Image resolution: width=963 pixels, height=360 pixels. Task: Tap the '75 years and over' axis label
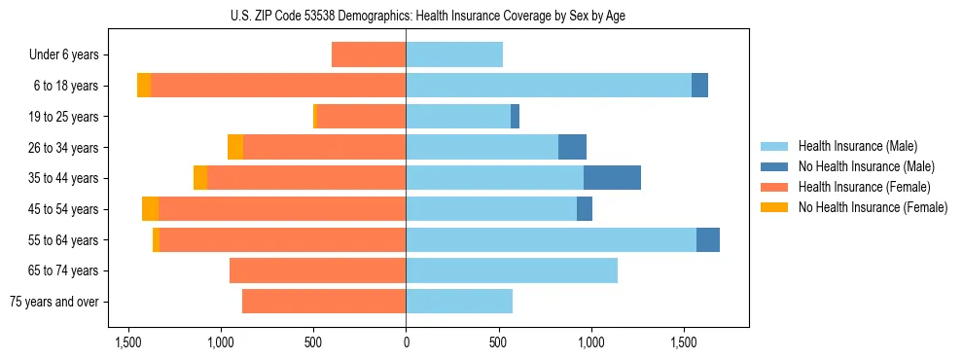(x=53, y=302)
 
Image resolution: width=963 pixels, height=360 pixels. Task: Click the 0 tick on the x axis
(x=406, y=342)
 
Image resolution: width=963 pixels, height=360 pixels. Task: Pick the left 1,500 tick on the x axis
(x=127, y=342)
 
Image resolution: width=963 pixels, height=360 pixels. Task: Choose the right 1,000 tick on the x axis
(x=590, y=342)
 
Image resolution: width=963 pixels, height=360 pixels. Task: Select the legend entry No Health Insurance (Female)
(x=873, y=207)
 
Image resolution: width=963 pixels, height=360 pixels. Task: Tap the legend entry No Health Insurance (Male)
(x=866, y=166)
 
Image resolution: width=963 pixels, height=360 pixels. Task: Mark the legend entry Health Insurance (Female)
(x=865, y=187)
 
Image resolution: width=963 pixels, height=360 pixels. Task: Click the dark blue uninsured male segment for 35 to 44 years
(x=612, y=178)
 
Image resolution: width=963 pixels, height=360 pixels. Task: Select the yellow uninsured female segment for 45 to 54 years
(x=150, y=209)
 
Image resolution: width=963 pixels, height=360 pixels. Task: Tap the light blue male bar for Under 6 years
(x=454, y=55)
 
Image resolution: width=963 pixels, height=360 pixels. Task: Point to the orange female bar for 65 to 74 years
(x=317, y=270)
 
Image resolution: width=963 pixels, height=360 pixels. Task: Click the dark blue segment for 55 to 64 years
(x=708, y=239)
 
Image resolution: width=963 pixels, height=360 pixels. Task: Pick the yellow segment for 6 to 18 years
(x=144, y=86)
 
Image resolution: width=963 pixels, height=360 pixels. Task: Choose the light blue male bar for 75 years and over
(x=459, y=302)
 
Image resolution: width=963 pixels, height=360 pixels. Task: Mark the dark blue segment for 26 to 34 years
(x=572, y=147)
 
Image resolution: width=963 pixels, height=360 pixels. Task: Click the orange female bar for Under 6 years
(x=369, y=55)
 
